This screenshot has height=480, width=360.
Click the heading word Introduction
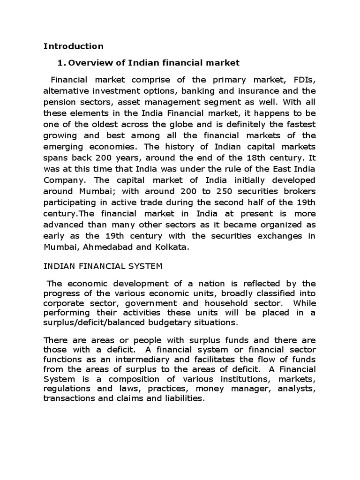tap(73, 46)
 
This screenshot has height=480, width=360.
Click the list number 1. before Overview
tap(60, 62)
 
